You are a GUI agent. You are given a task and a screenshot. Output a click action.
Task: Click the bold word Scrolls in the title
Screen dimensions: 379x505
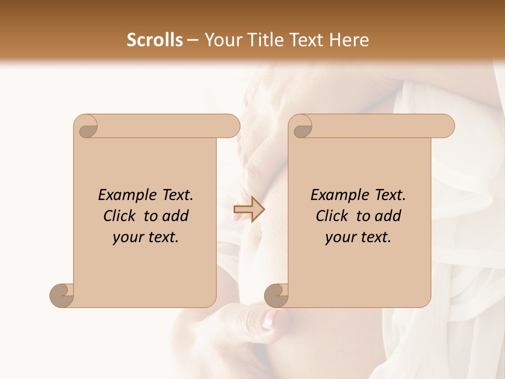pos(155,40)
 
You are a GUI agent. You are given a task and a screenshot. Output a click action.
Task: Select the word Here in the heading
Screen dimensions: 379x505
pos(349,40)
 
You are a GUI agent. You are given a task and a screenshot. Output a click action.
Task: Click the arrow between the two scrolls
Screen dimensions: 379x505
pos(249,210)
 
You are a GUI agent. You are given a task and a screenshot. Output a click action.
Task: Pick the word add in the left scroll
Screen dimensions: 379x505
pos(176,216)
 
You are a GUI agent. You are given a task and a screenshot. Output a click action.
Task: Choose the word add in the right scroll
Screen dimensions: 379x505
pos(388,216)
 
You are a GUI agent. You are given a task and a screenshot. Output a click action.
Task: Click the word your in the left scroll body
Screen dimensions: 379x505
pos(127,237)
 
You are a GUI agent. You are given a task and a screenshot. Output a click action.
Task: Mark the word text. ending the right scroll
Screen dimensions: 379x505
pos(373,237)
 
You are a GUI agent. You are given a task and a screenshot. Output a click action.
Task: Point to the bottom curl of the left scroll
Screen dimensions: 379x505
pos(62,295)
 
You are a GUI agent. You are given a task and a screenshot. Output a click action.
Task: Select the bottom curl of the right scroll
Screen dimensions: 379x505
pos(276,295)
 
